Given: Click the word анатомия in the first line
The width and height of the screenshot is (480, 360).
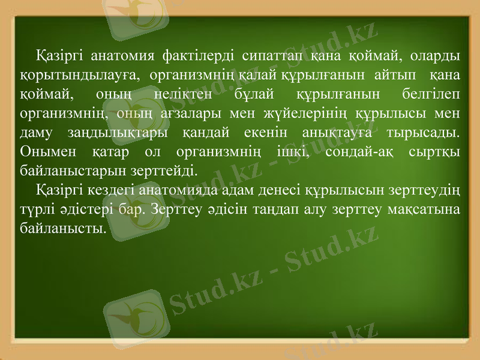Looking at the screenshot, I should [x=118, y=56].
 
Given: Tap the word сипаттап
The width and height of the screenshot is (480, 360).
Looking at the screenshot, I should [x=272, y=56].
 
